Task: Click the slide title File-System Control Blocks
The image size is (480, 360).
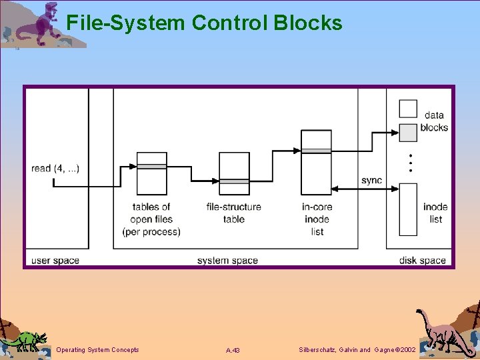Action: [204, 23]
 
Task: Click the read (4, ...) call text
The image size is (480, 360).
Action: [55, 168]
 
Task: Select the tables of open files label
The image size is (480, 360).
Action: [151, 219]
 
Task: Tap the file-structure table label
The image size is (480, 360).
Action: [234, 213]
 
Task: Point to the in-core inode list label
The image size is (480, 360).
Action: [317, 219]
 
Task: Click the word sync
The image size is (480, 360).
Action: [371, 181]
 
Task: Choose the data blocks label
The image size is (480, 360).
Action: [434, 121]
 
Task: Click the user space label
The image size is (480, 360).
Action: [55, 260]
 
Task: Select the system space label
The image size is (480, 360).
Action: [227, 260]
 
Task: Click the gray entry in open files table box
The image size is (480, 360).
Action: [151, 166]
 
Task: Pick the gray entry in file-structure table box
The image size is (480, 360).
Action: [234, 181]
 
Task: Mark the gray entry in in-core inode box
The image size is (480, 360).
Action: [316, 151]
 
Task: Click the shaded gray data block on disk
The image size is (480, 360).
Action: [408, 132]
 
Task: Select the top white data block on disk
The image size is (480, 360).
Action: [408, 109]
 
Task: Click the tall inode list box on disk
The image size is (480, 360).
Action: [408, 209]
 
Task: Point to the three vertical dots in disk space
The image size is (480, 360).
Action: [411, 163]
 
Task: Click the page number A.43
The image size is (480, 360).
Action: [233, 350]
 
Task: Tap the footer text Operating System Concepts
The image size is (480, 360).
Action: [98, 350]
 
